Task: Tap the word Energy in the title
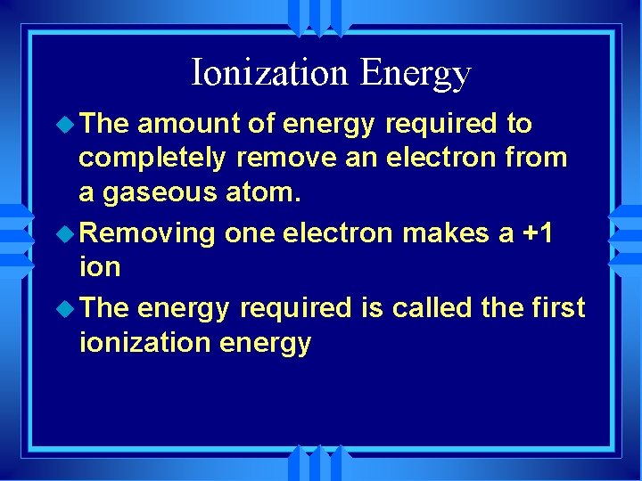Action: [415, 74]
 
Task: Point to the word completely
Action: [152, 159]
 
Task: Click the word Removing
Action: [147, 233]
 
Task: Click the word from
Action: [536, 158]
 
